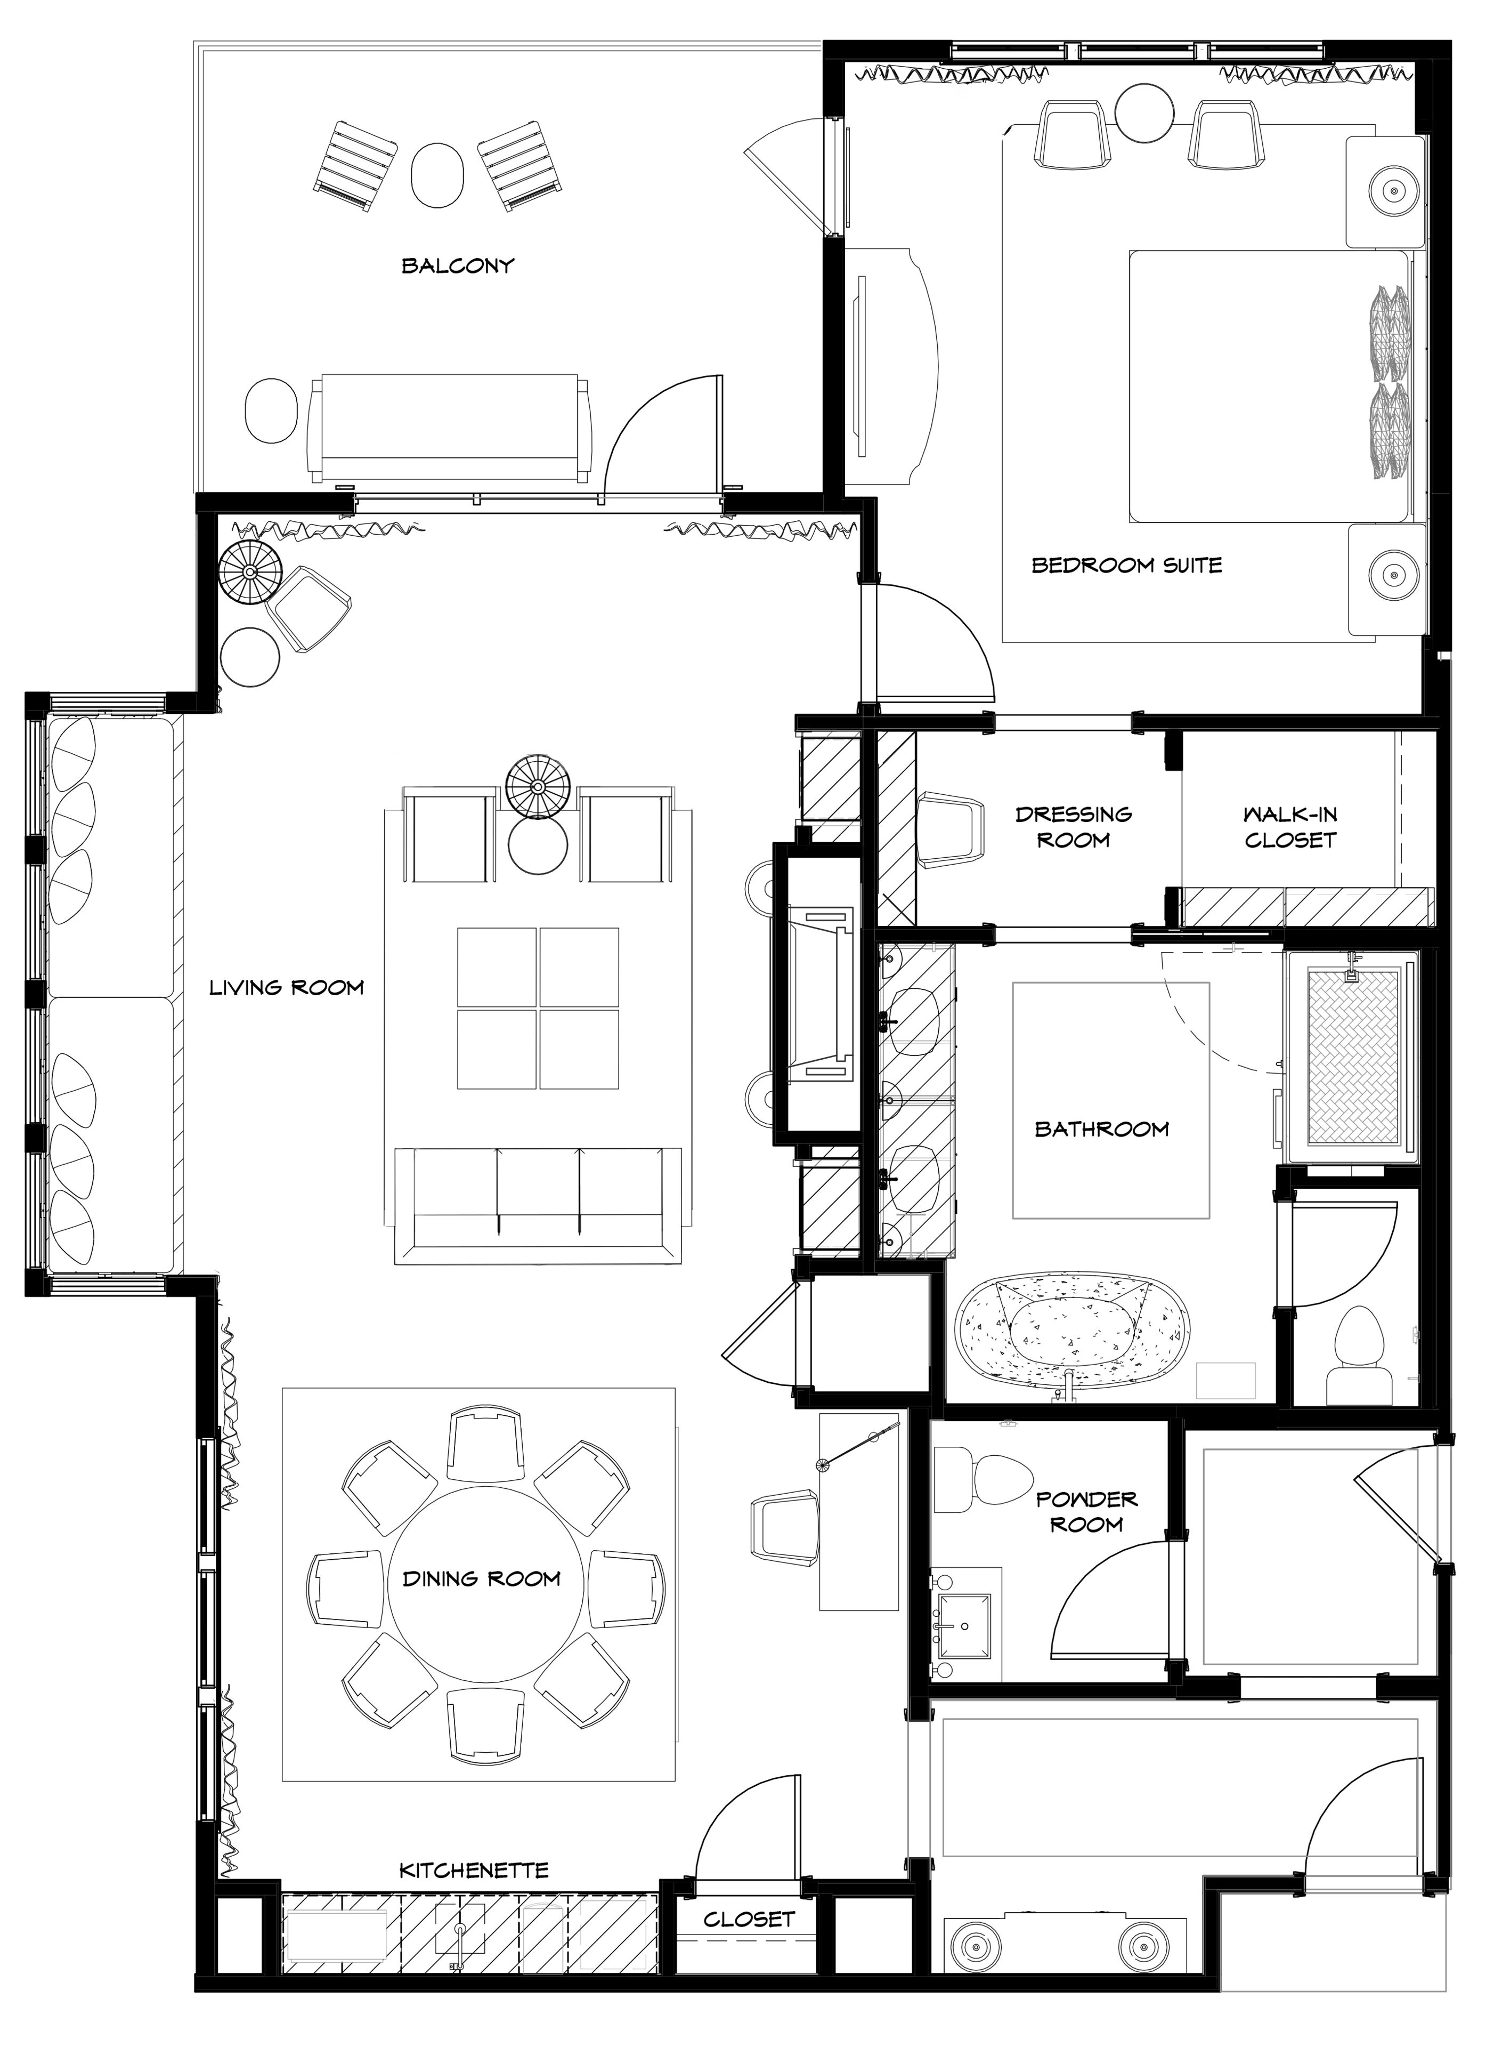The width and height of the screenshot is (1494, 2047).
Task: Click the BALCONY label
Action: tap(458, 266)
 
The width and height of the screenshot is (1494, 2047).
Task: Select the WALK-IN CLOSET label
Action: tap(1289, 827)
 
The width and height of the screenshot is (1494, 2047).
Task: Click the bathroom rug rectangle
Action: tap(1110, 1099)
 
